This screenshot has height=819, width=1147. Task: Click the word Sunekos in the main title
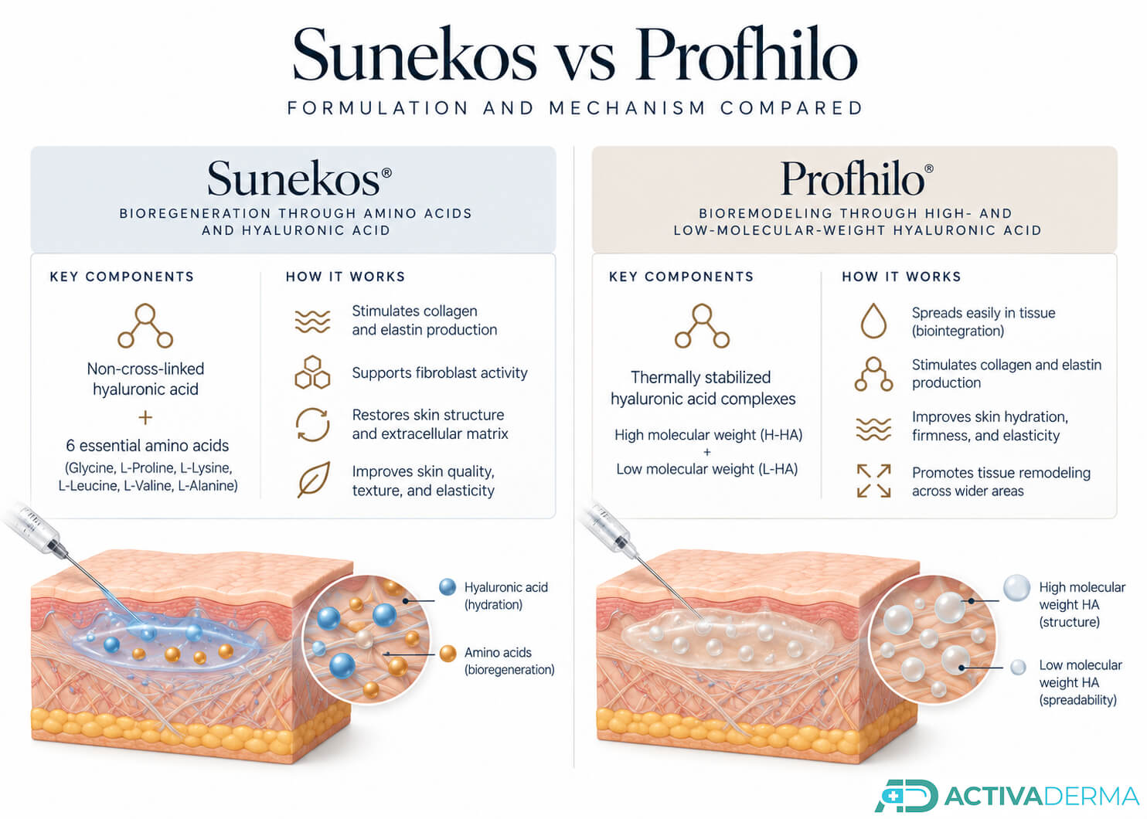pos(414,55)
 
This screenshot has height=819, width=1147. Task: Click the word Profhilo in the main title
pos(747,53)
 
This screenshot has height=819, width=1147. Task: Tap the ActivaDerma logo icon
pos(906,796)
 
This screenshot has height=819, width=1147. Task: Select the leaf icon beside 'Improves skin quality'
pos(313,480)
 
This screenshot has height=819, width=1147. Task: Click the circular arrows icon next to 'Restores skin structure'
pos(312,424)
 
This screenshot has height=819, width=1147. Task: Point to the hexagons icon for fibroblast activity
pos(312,372)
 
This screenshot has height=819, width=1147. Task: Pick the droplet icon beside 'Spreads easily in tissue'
pos(873,321)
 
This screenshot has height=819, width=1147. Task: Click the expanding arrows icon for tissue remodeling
pos(874,481)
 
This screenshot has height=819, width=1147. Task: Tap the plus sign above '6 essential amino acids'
pos(145,418)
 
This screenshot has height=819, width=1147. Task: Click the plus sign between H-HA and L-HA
pos(707,452)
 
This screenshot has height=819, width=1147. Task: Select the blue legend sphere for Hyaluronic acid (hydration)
pos(448,587)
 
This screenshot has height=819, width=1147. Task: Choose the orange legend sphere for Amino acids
pos(448,654)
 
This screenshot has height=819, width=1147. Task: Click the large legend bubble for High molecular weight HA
pos(1016,588)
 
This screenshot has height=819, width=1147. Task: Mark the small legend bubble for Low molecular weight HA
pos(1018,668)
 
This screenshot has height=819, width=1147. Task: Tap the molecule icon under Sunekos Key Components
pos(145,325)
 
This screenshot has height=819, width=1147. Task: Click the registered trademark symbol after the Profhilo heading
pos(929,169)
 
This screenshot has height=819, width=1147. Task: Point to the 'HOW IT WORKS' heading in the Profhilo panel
pos(902,277)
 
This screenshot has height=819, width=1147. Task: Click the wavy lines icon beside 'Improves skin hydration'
pos(873,429)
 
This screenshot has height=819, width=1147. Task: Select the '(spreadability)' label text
pos(1078,700)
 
